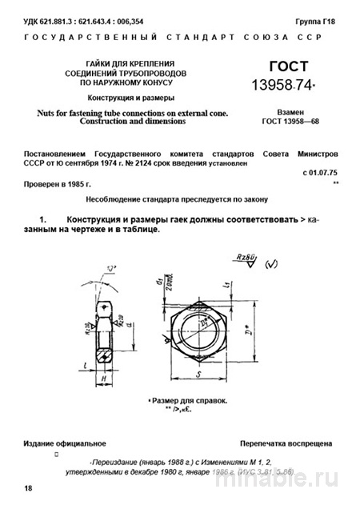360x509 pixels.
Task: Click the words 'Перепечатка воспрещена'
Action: click(285, 442)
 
